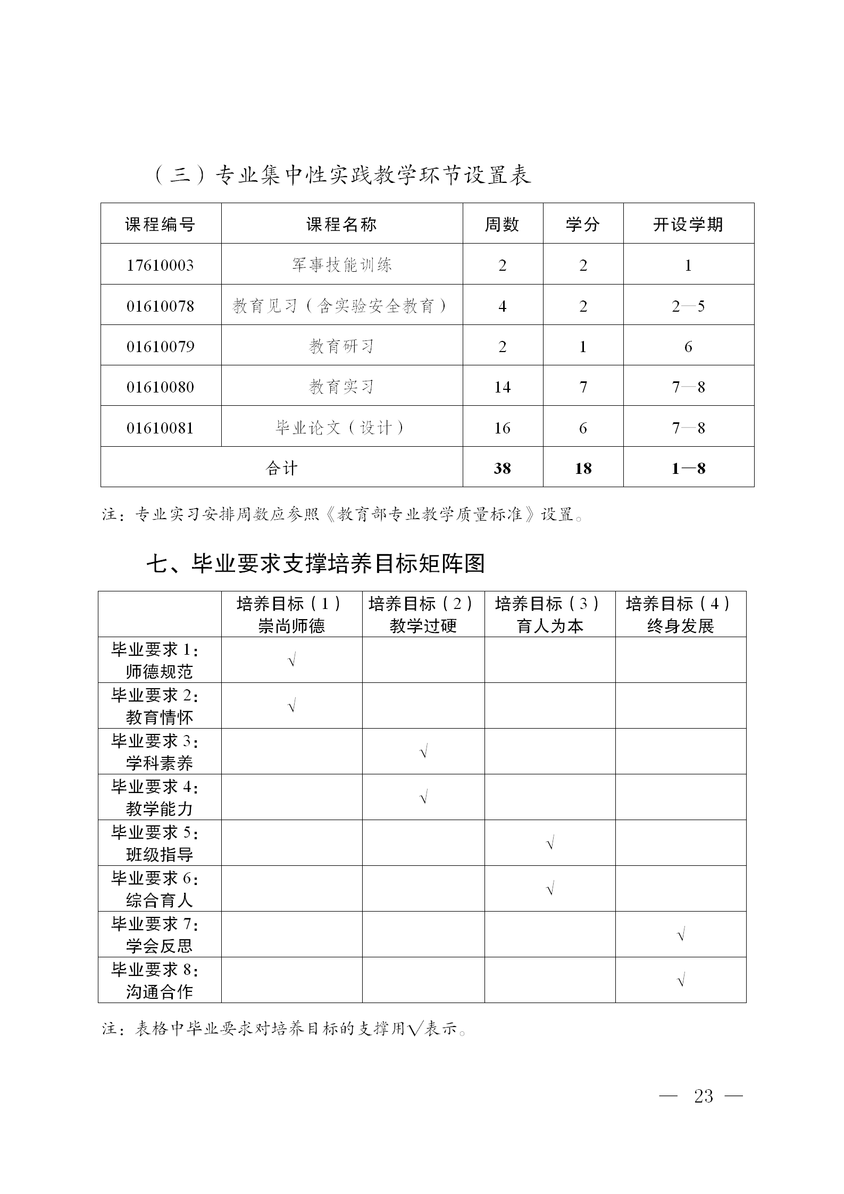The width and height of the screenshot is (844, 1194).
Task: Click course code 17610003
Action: tap(160, 265)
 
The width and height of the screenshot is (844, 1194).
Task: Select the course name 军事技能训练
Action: tap(341, 265)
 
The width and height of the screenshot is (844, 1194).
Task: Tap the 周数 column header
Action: tap(502, 224)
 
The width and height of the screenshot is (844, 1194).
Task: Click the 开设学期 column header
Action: tap(688, 224)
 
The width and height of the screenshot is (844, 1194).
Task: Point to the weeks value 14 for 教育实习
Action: tap(502, 387)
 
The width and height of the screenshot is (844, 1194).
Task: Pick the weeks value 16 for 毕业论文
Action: tap(502, 428)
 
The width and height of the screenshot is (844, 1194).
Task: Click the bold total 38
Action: tap(502, 468)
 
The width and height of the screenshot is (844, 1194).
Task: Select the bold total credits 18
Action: tap(583, 468)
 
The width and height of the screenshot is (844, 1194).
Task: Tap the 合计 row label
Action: tap(281, 468)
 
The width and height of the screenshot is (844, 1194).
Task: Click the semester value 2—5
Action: tap(688, 306)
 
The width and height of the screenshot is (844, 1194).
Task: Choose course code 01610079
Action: tap(160, 346)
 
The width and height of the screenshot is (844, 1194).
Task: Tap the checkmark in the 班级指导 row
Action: tap(550, 844)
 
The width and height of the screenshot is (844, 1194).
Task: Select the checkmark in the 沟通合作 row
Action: tap(681, 980)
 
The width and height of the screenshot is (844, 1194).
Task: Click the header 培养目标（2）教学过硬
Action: tap(423, 614)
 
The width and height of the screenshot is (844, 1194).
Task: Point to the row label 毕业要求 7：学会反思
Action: tap(159, 934)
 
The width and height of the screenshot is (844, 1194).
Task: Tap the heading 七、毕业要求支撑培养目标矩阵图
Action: tap(316, 563)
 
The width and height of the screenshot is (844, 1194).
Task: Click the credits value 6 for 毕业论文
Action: tap(583, 428)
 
